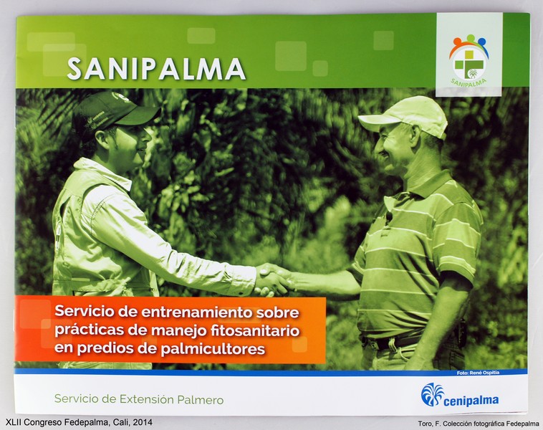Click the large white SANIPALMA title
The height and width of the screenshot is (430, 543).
156,69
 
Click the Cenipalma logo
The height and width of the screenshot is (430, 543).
460,395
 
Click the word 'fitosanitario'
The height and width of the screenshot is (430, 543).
255,330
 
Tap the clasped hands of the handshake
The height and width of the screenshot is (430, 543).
274,279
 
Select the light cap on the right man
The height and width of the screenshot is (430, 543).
405,116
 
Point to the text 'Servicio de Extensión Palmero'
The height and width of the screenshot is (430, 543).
139,399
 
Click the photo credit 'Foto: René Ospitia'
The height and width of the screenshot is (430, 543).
478,373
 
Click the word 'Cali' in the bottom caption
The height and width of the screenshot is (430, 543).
121,422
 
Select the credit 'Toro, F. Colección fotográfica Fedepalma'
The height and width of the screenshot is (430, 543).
479,424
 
